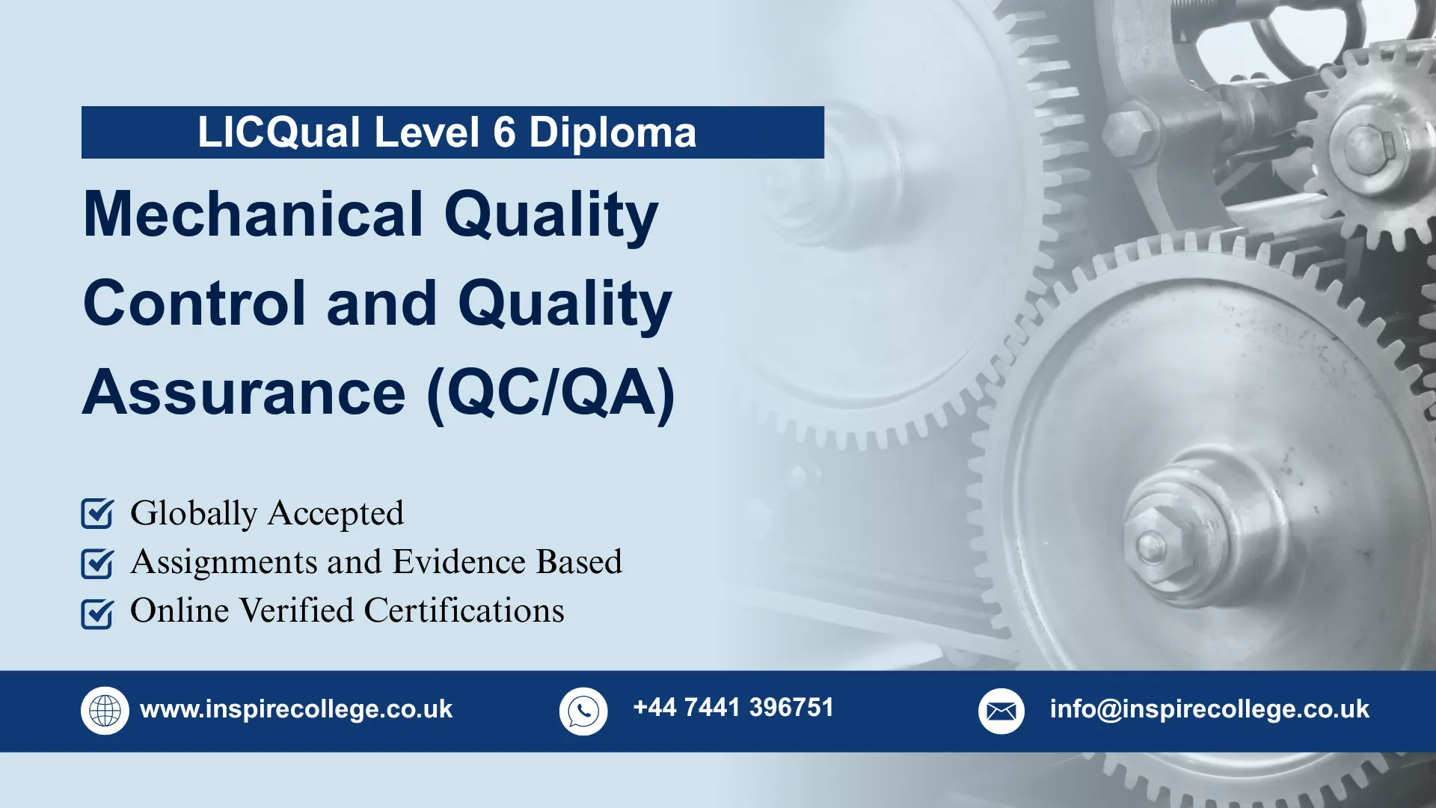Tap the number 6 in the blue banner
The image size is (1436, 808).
click(504, 132)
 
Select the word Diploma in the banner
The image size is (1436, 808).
click(613, 132)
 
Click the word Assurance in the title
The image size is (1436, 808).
click(244, 394)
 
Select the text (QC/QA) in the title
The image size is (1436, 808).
click(550, 394)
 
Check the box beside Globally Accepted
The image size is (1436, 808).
click(97, 514)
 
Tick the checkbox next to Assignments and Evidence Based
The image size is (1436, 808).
click(97, 563)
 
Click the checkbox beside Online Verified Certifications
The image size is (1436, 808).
click(97, 613)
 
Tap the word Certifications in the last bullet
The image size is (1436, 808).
click(464, 610)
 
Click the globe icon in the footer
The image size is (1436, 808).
click(105, 711)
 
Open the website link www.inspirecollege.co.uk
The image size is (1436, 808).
click(296, 709)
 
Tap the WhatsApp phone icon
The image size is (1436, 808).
click(583, 711)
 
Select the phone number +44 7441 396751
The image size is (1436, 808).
click(733, 708)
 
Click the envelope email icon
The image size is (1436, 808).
click(1001, 711)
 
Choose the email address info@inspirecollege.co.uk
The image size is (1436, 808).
click(1209, 709)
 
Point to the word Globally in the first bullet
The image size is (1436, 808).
click(194, 514)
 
